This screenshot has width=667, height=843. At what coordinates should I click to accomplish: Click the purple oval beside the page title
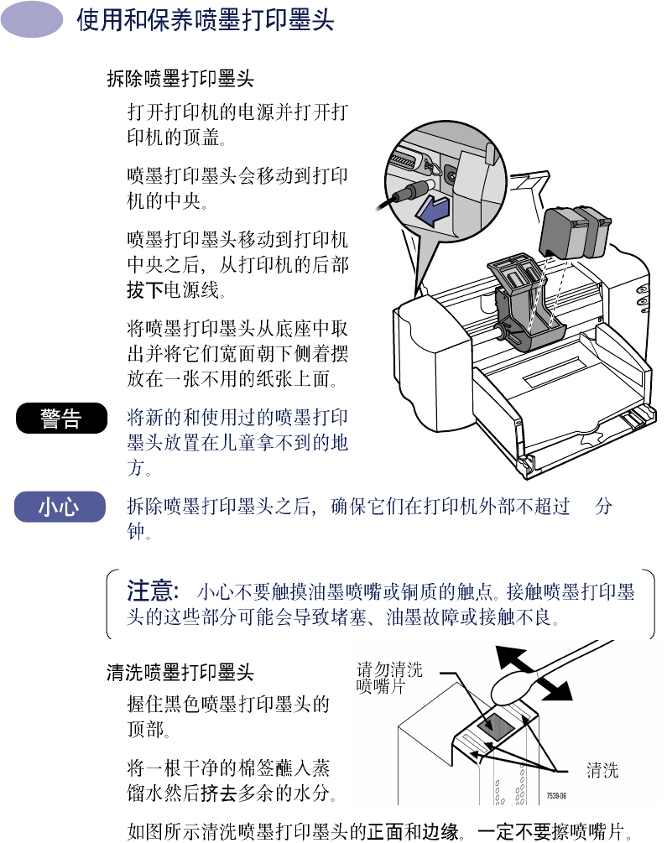pos(32,20)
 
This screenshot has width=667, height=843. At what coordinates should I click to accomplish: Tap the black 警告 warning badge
pos(61,419)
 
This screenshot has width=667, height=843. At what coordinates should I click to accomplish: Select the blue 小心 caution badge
pos(60,507)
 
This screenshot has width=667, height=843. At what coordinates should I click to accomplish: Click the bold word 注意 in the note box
pos(153,591)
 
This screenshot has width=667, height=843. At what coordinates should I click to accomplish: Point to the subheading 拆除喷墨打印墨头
pos(180,79)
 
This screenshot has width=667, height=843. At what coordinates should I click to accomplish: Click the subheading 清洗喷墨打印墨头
pos(180,672)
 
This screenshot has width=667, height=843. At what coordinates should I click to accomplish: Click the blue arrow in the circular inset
pos(433,211)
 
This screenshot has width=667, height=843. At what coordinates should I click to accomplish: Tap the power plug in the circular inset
pos(410,192)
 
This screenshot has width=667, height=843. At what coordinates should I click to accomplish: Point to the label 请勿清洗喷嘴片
pos(389,678)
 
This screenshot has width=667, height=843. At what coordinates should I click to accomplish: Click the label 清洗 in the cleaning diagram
pos(602,770)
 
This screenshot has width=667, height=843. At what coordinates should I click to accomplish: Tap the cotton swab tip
pos(513,688)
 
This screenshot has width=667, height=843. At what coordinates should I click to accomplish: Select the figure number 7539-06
pos(556,795)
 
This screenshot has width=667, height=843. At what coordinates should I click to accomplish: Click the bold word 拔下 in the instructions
pos(145,290)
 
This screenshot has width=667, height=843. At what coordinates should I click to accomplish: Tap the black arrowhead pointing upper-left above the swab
pos(512,657)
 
